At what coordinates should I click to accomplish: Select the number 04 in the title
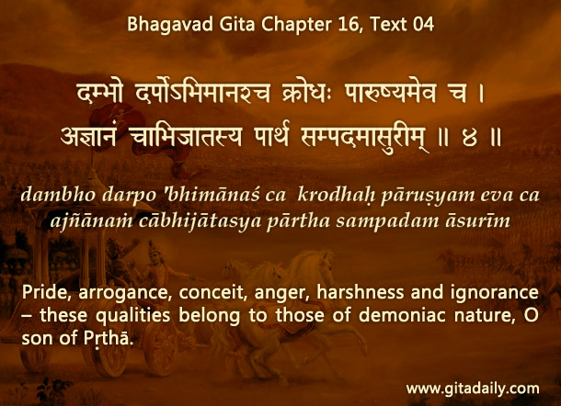coord(423,24)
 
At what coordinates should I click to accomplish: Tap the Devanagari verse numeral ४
coord(469,138)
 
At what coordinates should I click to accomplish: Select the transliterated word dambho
coord(58,195)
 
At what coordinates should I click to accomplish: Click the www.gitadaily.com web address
coord(473,389)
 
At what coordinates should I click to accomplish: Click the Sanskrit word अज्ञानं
coord(88,137)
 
